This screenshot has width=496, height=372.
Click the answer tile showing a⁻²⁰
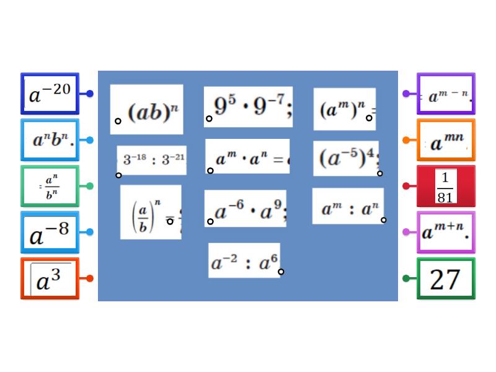pyautogui.click(x=50, y=94)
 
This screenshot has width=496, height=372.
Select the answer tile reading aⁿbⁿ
pyautogui.click(x=50, y=140)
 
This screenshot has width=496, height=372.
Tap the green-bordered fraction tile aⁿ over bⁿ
pyautogui.click(x=50, y=186)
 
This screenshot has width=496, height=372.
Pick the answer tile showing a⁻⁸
pyautogui.click(x=50, y=232)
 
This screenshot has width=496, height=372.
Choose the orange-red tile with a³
pyautogui.click(x=50, y=278)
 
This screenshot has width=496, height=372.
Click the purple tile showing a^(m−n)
pyautogui.click(x=446, y=94)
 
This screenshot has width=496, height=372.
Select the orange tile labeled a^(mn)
pyautogui.click(x=446, y=141)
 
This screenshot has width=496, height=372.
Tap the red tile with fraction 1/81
pyautogui.click(x=446, y=186)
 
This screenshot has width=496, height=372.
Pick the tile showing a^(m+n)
pyautogui.click(x=446, y=232)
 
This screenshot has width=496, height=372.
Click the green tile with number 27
pyautogui.click(x=446, y=279)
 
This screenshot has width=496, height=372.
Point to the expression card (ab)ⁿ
pyautogui.click(x=147, y=110)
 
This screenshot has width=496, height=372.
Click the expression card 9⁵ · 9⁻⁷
pyautogui.click(x=248, y=107)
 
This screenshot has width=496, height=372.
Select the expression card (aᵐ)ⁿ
pyautogui.click(x=344, y=109)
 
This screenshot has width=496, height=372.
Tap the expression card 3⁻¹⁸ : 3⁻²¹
pyautogui.click(x=152, y=160)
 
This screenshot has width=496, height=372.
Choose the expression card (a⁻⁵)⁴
pyautogui.click(x=346, y=158)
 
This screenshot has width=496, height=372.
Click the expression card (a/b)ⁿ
pyautogui.click(x=151, y=212)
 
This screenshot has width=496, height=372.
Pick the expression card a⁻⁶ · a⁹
pyautogui.click(x=246, y=208)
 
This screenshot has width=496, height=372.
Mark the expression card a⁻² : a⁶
pyautogui.click(x=244, y=260)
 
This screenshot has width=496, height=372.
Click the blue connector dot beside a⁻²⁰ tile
pyautogui.click(x=90, y=94)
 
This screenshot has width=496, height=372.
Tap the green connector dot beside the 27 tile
pyautogui.click(x=406, y=278)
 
